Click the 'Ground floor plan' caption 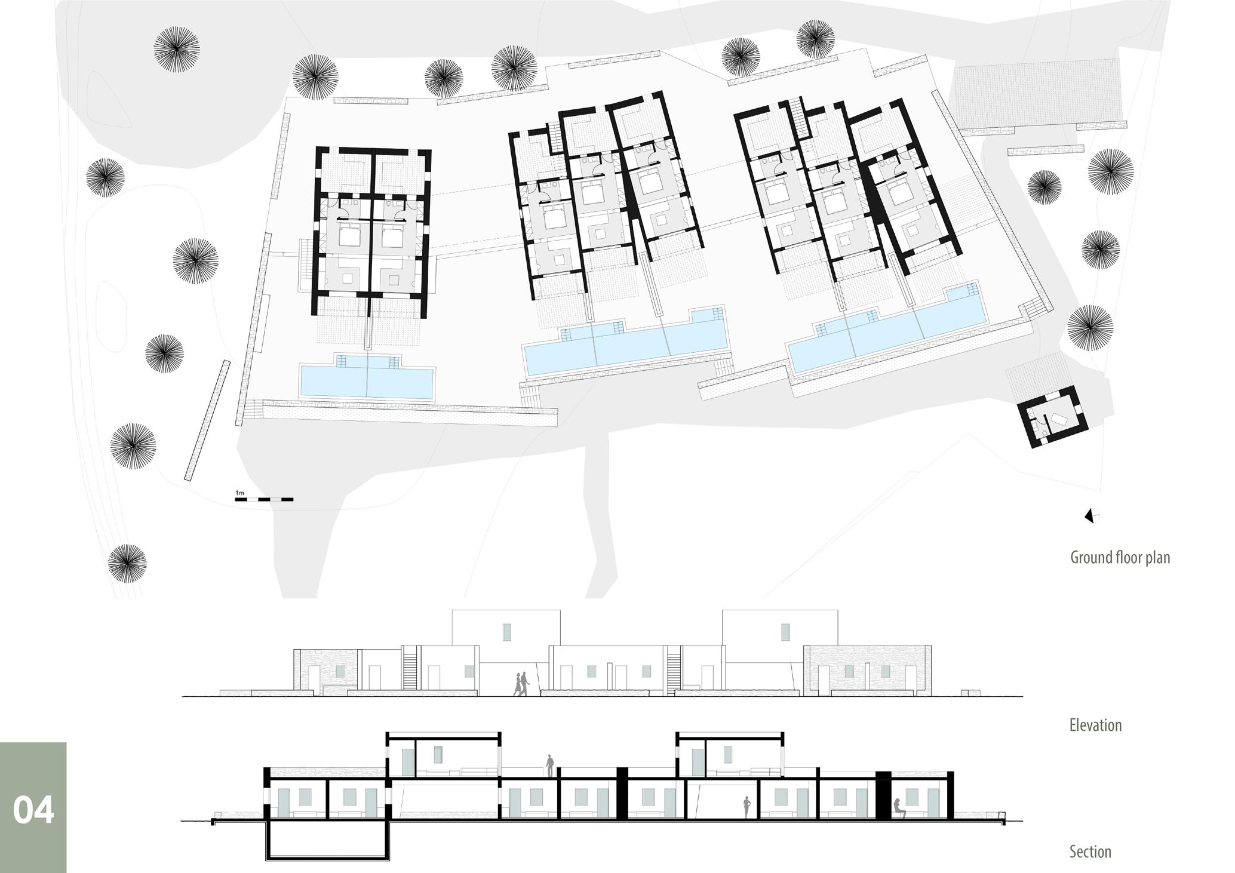1120,558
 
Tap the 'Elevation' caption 1095,726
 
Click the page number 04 33,810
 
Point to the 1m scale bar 263,499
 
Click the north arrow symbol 1092,516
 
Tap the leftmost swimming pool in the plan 367,381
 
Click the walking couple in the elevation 521,684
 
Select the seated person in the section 898,809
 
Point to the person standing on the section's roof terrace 549,766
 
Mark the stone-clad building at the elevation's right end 867,670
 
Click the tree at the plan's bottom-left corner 127,562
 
